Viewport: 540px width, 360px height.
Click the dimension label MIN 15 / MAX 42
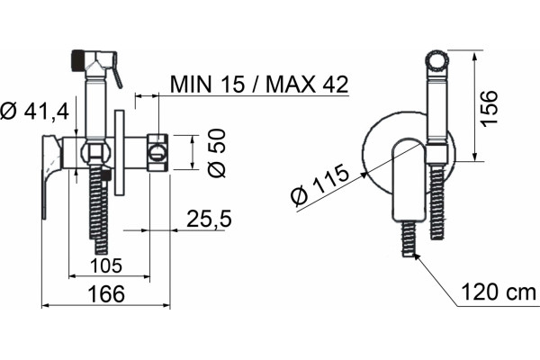click(x=259, y=84)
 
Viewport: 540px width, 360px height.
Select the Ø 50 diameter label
click(x=217, y=153)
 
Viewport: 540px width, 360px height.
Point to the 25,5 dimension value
click(x=209, y=219)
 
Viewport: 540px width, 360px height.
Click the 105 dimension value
click(x=106, y=266)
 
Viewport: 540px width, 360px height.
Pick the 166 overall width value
click(x=106, y=294)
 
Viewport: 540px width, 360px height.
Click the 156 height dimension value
click(x=489, y=109)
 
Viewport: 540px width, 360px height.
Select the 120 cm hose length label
click(x=499, y=292)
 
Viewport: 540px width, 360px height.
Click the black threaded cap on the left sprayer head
click(x=78, y=61)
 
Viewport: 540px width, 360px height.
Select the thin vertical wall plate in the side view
click(x=119, y=153)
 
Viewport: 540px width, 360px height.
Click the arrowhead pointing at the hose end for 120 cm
click(x=417, y=256)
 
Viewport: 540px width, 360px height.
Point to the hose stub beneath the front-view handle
click(x=409, y=238)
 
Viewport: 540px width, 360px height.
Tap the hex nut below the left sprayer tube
click(x=94, y=152)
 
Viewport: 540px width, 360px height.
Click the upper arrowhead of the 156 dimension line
click(x=474, y=57)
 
